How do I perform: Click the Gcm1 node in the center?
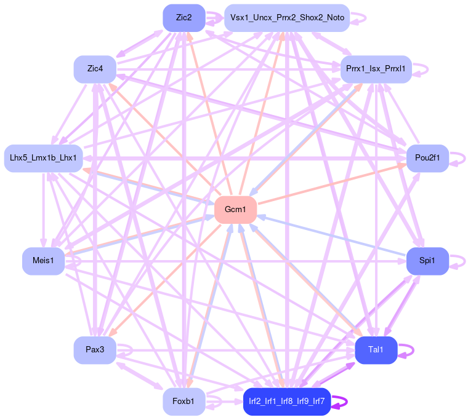coord(235,210)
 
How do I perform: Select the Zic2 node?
coord(184,18)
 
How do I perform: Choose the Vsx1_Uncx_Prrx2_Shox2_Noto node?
coord(287,18)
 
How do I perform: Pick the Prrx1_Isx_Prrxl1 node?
coord(376,69)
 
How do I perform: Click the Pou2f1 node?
coord(427,159)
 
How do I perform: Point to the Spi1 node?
coord(427,261)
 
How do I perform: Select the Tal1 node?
coord(376,350)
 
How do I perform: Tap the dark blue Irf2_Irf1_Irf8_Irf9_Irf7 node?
coord(287,402)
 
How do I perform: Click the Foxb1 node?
coord(184,402)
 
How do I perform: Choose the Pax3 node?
coord(95,350)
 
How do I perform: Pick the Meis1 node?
coord(44,261)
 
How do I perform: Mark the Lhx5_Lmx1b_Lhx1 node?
coord(44,159)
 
